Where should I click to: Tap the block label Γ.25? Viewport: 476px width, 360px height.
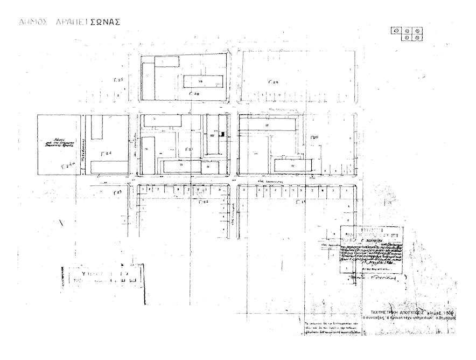click(118, 80)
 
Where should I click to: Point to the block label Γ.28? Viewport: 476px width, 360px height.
click(194, 94)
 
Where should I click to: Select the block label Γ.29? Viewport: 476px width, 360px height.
click(273, 82)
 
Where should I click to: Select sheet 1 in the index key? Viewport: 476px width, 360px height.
click(397, 30)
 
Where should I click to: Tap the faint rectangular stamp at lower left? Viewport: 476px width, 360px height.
click(102, 276)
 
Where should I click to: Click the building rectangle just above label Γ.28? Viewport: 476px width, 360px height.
click(204, 82)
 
